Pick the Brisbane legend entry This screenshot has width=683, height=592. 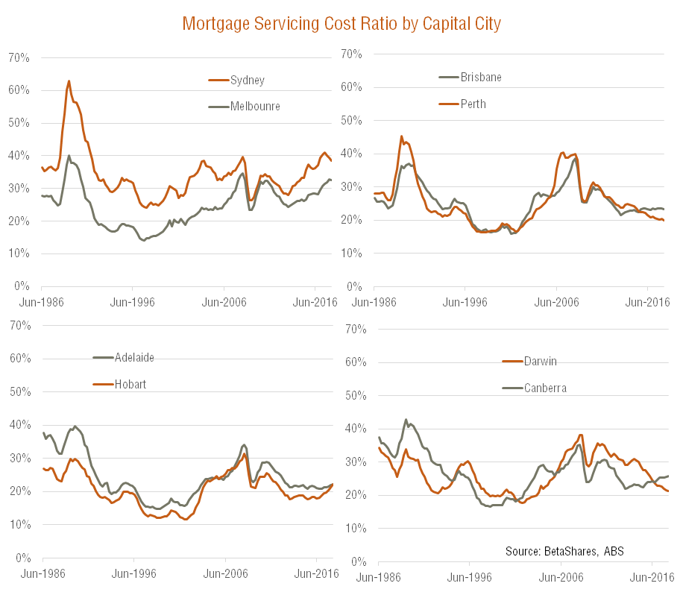pos(481,77)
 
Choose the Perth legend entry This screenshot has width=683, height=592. pos(473,104)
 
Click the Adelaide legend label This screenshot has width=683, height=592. pos(134,357)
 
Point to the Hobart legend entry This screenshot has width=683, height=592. pos(130,384)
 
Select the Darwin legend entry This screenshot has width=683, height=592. pos(540,361)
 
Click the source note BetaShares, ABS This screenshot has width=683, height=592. pos(564,550)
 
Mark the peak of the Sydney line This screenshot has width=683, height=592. pos(69,81)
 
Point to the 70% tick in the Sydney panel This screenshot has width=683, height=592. pos(19,57)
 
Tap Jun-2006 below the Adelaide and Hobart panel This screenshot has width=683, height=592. pos(225,573)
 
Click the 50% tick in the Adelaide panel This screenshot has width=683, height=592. pos(19,391)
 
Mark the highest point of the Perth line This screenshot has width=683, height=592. pos(401,136)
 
